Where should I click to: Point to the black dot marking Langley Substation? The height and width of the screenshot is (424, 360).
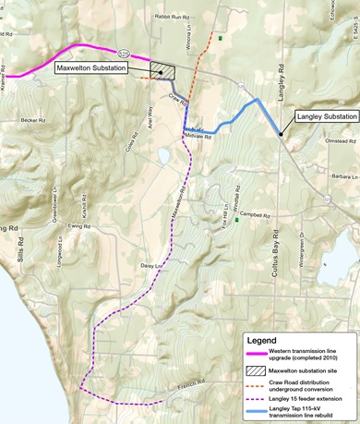click(x=281, y=135)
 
